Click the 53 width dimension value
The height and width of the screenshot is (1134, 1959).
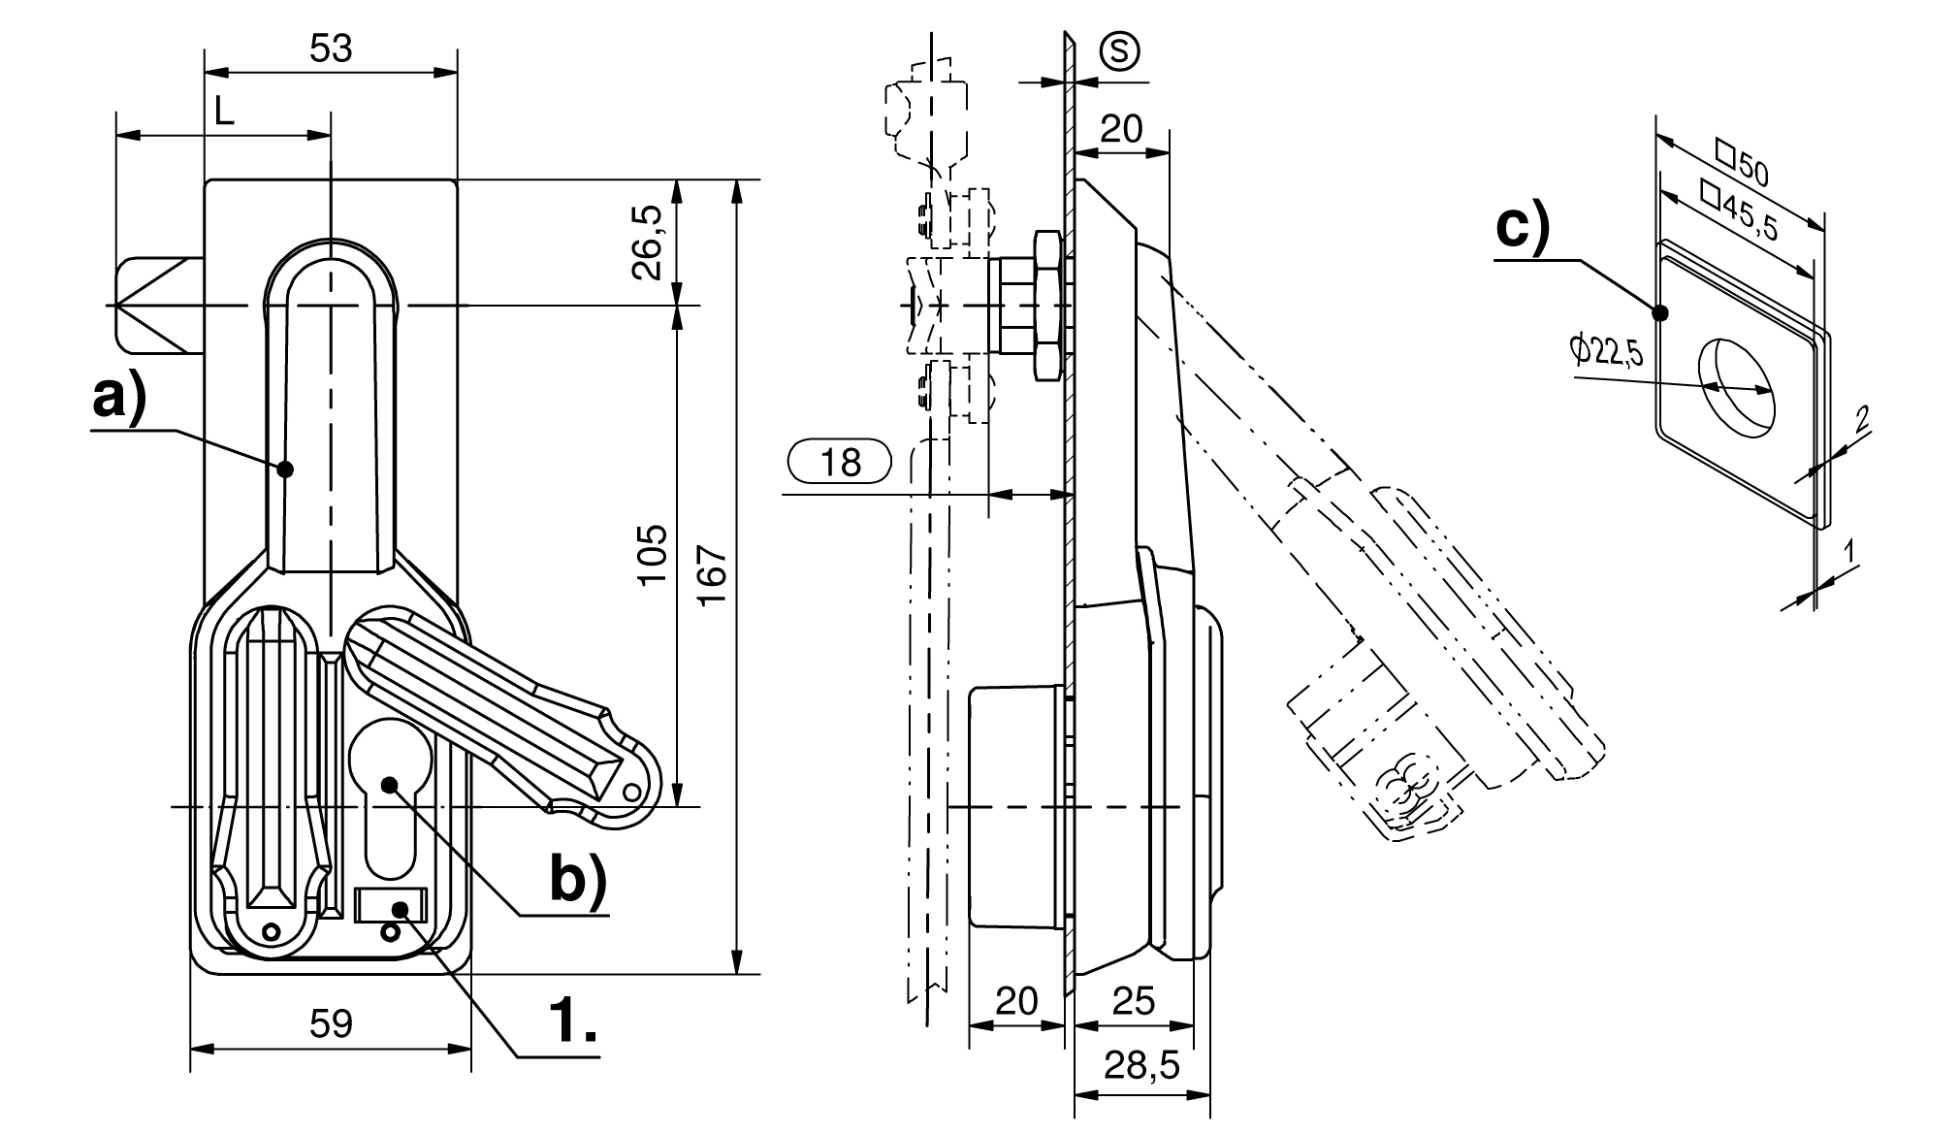(331, 48)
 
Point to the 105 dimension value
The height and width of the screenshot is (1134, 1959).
(653, 554)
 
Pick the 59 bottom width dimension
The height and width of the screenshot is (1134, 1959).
(331, 1023)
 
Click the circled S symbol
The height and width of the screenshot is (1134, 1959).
(1120, 51)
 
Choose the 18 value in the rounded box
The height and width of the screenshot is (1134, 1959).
(840, 462)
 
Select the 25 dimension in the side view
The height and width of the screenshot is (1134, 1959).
(1134, 1000)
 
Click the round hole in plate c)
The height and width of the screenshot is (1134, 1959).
(1736, 384)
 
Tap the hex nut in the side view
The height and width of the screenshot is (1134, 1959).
(1047, 305)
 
